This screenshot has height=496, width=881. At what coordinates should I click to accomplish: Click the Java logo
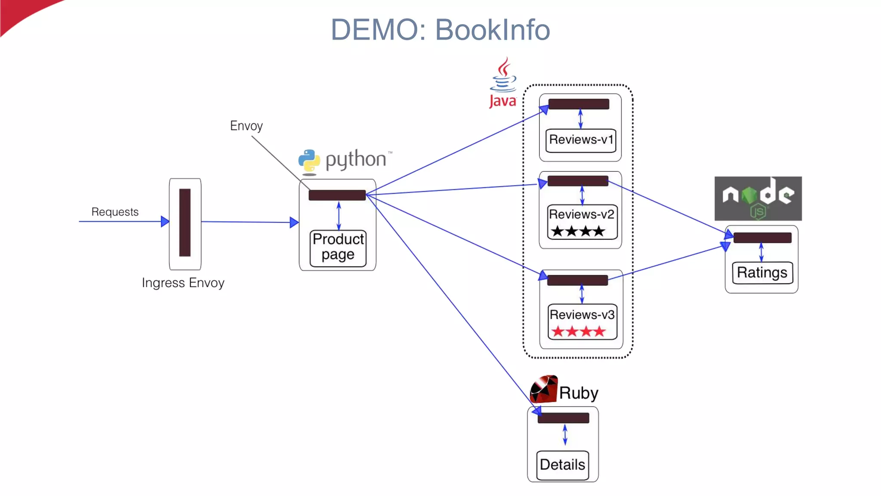[x=502, y=83]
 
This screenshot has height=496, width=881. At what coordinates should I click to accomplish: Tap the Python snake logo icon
[x=309, y=161]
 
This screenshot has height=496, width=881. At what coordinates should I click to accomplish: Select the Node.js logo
[x=758, y=198]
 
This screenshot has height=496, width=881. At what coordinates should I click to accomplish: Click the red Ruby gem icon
[x=543, y=389]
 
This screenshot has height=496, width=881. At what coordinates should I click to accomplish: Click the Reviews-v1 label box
[x=581, y=140]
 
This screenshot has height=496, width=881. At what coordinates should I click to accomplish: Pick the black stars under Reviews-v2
[x=578, y=232]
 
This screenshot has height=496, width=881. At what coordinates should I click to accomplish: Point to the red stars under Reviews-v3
[x=579, y=332]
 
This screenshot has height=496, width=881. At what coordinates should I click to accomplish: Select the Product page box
[x=338, y=248]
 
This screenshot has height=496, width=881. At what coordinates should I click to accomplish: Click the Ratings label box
[x=762, y=273]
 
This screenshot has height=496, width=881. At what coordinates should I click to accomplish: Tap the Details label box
[x=562, y=465]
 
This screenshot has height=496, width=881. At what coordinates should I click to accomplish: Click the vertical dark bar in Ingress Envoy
[x=185, y=222]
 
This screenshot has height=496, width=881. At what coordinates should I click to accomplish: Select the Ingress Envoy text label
[x=183, y=283]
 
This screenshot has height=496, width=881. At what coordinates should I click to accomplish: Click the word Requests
[x=115, y=212]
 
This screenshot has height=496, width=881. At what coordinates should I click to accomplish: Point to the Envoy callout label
[x=246, y=126]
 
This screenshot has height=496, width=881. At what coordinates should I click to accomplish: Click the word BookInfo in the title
[x=492, y=30]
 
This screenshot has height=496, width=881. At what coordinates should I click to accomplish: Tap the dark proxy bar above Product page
[x=337, y=195]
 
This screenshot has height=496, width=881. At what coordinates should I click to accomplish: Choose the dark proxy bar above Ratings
[x=762, y=238]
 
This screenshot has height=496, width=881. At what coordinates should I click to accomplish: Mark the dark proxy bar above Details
[x=563, y=418]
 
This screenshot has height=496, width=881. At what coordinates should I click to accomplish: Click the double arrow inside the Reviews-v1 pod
[x=580, y=119]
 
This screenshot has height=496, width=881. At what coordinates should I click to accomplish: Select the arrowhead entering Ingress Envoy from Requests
[x=165, y=222]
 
